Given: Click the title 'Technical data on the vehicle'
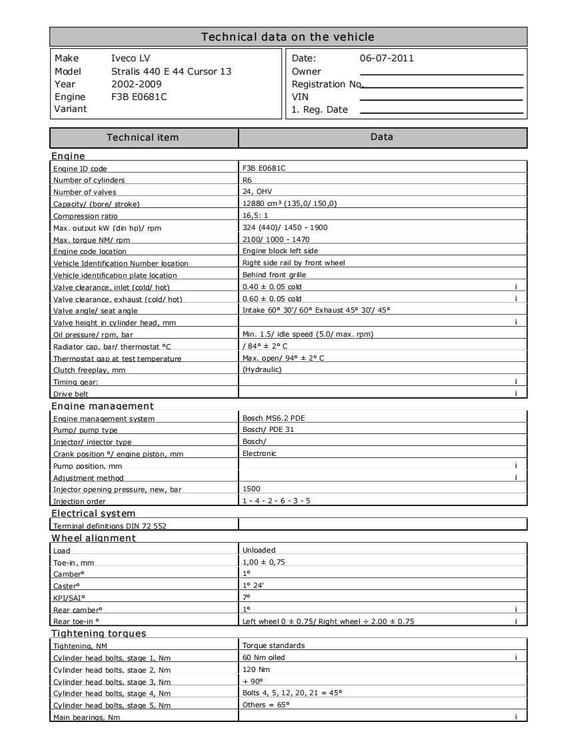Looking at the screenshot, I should [288, 37].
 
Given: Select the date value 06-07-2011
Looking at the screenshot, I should [386, 58].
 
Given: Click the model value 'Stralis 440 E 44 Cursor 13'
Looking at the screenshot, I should [171, 71].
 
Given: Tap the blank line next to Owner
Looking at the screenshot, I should [441, 73].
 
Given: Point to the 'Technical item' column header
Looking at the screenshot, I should [143, 137].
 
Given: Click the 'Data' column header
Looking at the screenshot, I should [382, 137].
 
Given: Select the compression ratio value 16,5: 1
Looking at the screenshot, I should [255, 216].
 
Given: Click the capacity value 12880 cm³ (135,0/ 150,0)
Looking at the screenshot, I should [290, 204].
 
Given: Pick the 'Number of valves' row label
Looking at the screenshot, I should [85, 192].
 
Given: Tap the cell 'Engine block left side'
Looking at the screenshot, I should [280, 251].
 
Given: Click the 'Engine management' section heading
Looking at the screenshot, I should [103, 406].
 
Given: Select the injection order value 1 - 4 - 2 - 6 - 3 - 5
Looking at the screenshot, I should [276, 501].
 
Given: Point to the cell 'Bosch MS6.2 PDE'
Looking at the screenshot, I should [274, 418].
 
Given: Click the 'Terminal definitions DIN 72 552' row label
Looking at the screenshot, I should [110, 526].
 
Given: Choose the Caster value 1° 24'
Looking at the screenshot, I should [253, 585].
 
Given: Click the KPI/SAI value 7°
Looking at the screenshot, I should [247, 597].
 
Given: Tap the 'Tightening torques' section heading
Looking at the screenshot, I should [99, 633].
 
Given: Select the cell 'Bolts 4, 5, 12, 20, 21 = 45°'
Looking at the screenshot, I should [292, 693].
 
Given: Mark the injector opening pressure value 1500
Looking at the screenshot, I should [251, 489].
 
